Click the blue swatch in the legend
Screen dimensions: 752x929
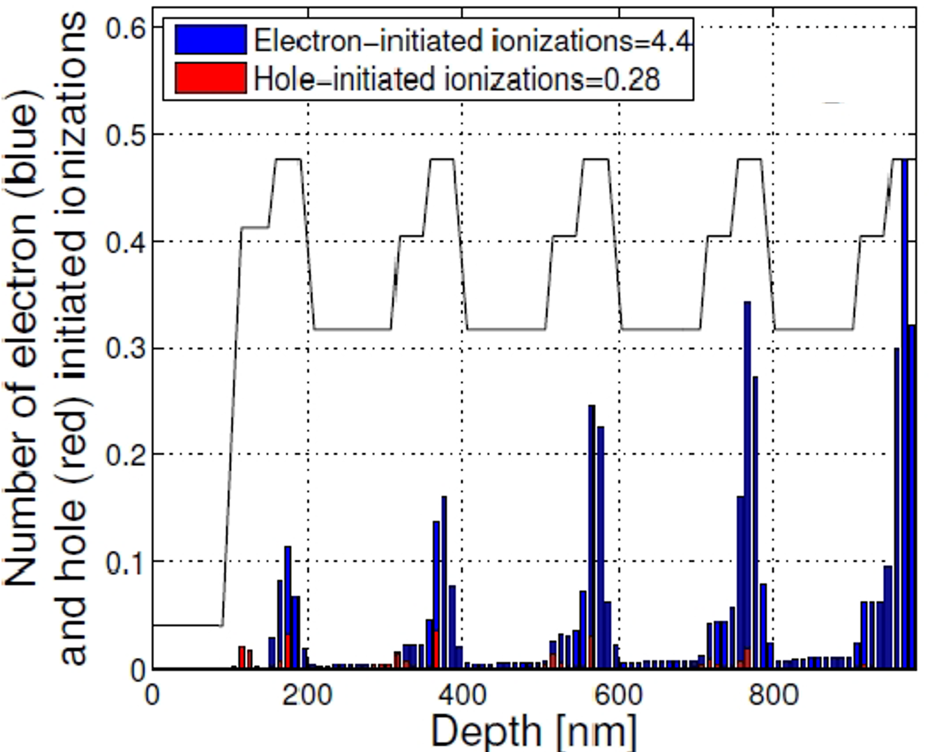click(210, 39)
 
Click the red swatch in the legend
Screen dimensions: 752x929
click(210, 78)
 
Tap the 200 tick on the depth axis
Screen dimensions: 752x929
click(308, 695)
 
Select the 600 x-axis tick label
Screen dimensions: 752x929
click(619, 695)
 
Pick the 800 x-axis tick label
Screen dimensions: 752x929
click(774, 695)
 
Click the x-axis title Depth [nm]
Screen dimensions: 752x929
click(534, 731)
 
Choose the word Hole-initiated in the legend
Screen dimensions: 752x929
click(345, 79)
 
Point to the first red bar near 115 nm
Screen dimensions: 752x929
click(242, 657)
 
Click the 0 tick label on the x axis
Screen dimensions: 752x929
click(153, 695)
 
